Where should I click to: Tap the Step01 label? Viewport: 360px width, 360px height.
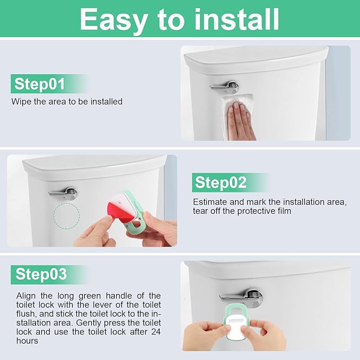pos(39,84)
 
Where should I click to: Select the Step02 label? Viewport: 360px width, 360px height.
pos(221,182)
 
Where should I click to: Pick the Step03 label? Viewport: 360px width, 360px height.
pos(41,274)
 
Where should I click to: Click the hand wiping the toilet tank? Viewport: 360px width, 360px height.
pos(241,119)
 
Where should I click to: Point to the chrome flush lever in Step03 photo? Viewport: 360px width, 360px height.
pos(242,297)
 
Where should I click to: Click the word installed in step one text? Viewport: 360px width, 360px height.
pos(106,101)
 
